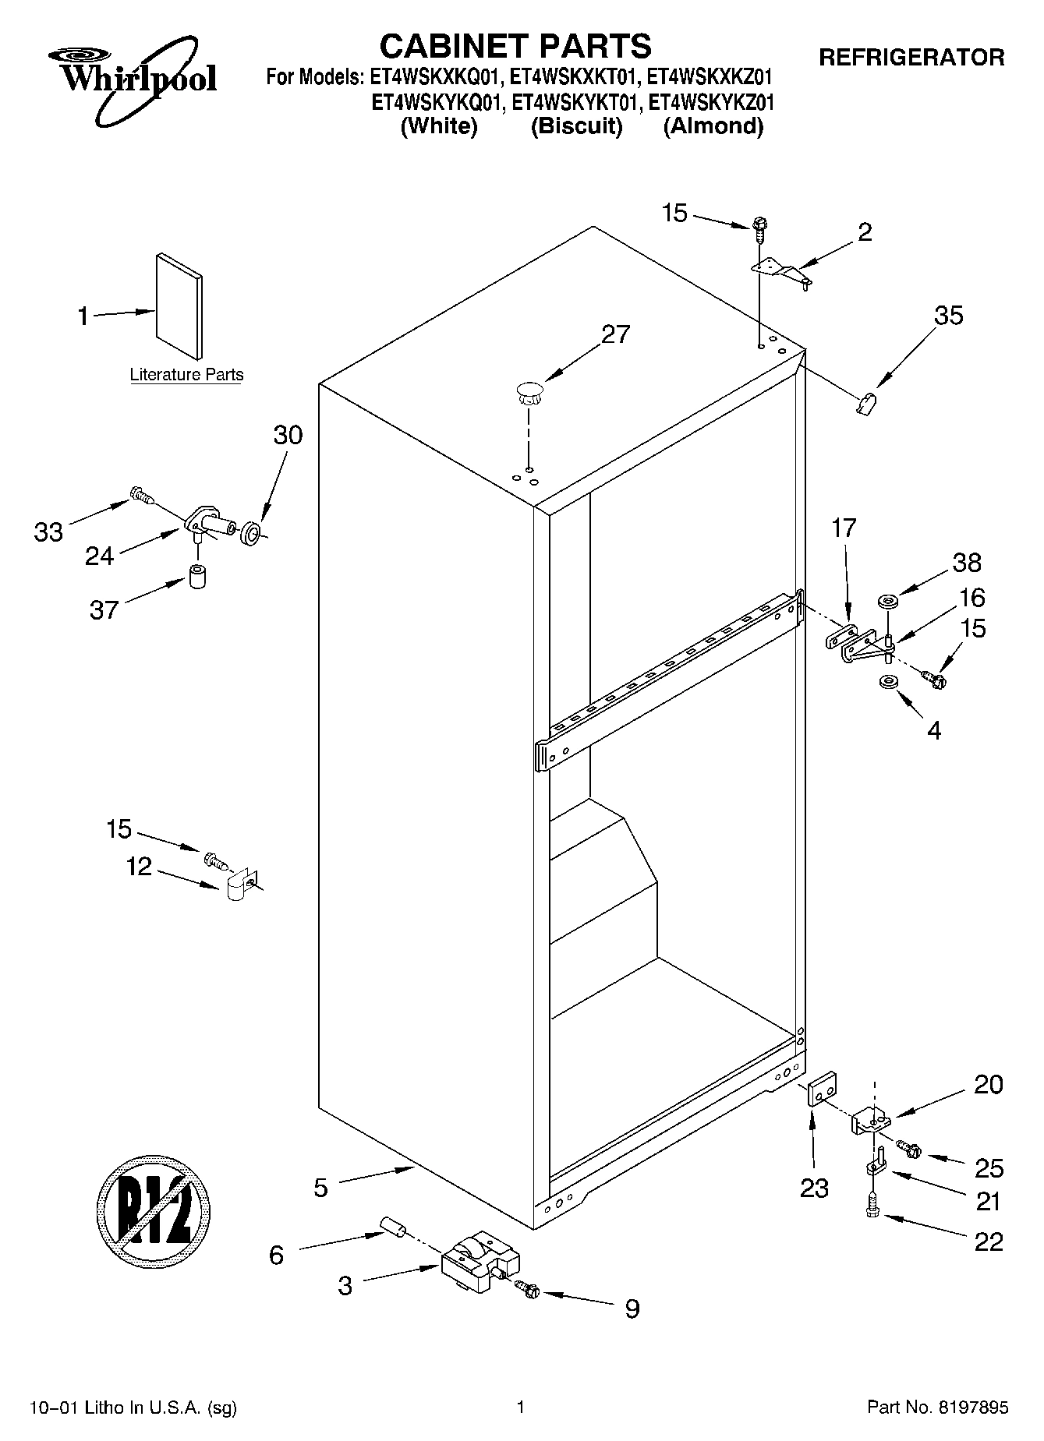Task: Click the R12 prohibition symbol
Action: [x=154, y=1210]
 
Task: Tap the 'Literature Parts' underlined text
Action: [x=186, y=374]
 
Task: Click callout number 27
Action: [x=615, y=334]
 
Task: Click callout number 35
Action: [x=948, y=316]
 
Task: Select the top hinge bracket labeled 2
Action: [x=780, y=272]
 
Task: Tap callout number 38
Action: [x=966, y=563]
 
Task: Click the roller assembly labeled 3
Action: [x=479, y=1259]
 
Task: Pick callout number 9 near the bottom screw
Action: [x=632, y=1309]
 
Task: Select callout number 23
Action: [x=813, y=1188]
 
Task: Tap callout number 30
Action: [x=288, y=435]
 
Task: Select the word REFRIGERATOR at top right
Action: [x=911, y=58]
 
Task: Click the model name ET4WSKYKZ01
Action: [x=711, y=102]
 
